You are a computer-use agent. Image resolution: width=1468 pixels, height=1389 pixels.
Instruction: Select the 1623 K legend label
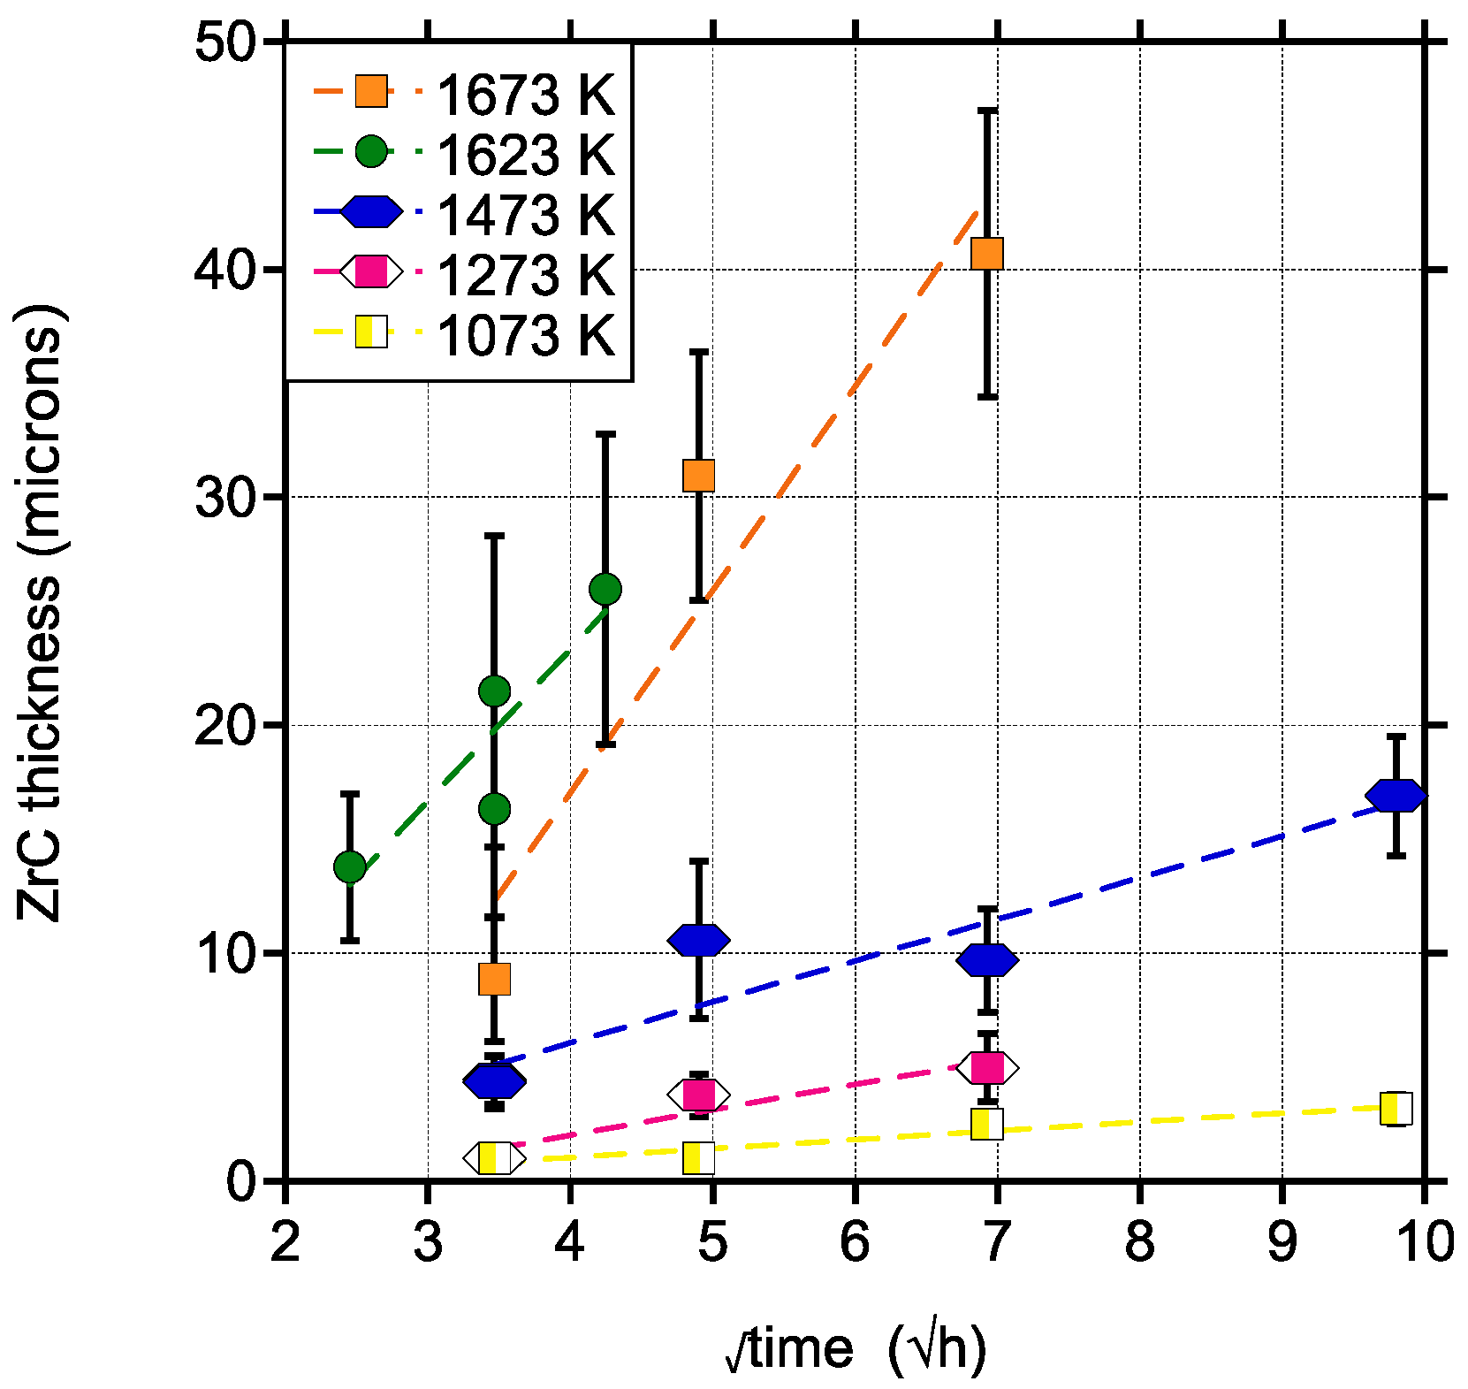click(525, 155)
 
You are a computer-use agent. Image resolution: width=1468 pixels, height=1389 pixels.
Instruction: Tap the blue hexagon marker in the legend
click(371, 212)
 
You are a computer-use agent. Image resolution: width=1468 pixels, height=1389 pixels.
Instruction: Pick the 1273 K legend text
click(525, 275)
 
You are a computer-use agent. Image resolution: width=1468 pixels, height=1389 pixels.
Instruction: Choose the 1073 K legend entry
click(525, 335)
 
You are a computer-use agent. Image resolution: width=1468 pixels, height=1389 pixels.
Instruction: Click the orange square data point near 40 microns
click(986, 254)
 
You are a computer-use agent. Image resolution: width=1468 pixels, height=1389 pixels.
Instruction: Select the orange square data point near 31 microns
click(698, 476)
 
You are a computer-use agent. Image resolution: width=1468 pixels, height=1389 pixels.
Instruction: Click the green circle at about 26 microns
click(605, 589)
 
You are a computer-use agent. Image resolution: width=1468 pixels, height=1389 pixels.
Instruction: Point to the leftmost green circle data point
click(350, 867)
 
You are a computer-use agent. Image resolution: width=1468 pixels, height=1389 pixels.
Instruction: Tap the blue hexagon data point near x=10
click(1396, 796)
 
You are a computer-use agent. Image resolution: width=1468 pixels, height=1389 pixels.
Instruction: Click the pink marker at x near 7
click(987, 1068)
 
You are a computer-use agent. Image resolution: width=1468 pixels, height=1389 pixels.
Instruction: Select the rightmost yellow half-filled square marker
click(1396, 1108)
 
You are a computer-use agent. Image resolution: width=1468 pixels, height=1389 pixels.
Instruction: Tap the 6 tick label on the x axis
click(855, 1242)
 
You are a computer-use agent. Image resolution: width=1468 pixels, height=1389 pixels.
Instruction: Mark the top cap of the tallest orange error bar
click(987, 111)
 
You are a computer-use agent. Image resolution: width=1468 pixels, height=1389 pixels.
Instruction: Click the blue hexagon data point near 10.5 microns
click(698, 941)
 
